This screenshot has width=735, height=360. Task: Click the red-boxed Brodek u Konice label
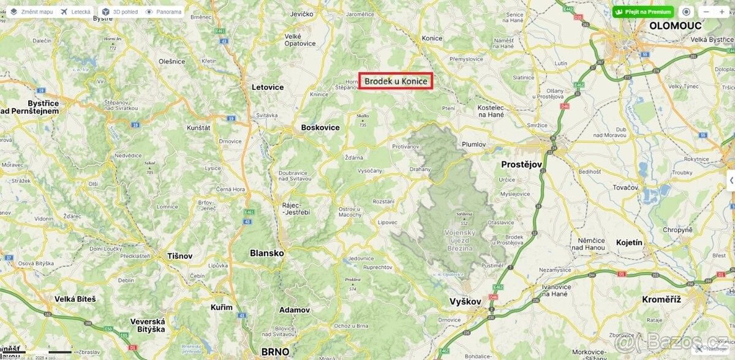(396, 81)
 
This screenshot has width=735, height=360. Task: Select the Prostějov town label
(522, 165)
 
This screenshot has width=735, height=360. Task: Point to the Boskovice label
(320, 127)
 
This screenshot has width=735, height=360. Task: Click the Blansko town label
(266, 253)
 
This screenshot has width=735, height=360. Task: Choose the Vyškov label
(466, 301)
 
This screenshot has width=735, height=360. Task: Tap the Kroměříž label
(661, 299)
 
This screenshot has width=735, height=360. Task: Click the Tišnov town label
(180, 256)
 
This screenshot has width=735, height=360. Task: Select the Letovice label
(268, 87)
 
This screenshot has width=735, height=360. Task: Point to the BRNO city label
(275, 351)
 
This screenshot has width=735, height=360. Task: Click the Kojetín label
(630, 242)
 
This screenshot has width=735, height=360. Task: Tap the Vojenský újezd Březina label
(459, 241)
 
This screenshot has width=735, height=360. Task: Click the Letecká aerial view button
(76, 12)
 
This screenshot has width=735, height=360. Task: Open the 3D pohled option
(120, 12)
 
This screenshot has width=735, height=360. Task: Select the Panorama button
(164, 12)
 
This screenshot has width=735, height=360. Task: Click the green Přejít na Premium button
(643, 12)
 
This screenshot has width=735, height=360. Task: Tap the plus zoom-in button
(722, 12)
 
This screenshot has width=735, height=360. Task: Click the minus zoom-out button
(706, 12)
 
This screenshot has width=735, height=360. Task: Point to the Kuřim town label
(221, 307)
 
